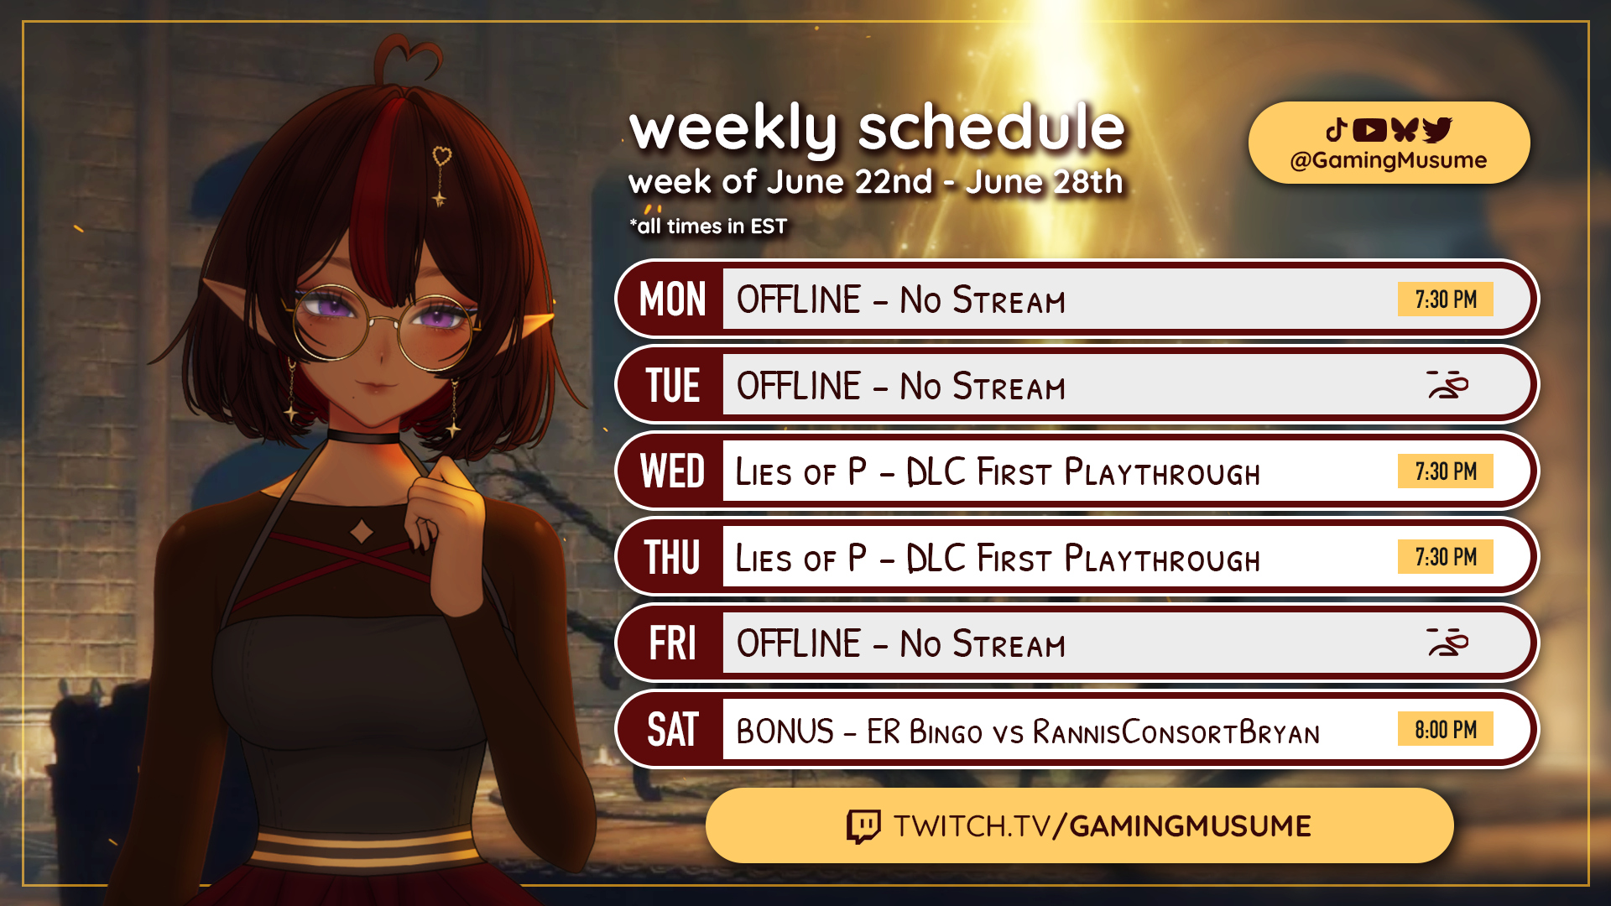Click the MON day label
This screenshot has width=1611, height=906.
pos(672,299)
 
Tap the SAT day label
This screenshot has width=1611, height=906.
pos(672,730)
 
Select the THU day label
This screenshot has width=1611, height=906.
pos(672,557)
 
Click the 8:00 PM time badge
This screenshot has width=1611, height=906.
pos(1445,729)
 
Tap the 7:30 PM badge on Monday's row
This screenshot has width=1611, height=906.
pos(1445,299)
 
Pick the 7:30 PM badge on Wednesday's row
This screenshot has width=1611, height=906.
pos(1445,471)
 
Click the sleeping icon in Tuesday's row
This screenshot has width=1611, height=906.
pos(1447,385)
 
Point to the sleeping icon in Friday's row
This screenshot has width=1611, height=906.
pos(1447,643)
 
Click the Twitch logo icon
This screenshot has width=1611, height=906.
pos(863,826)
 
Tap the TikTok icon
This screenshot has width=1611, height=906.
pos(1337,130)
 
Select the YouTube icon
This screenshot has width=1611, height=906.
pos(1369,130)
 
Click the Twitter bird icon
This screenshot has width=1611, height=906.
pos(1437,130)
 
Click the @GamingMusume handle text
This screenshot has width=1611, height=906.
pos(1389,160)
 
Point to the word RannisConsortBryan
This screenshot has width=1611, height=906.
pos(1176,732)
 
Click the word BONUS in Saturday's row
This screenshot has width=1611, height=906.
pos(785,732)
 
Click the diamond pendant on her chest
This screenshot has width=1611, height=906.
pos(362,531)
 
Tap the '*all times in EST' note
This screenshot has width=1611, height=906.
pos(708,226)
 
